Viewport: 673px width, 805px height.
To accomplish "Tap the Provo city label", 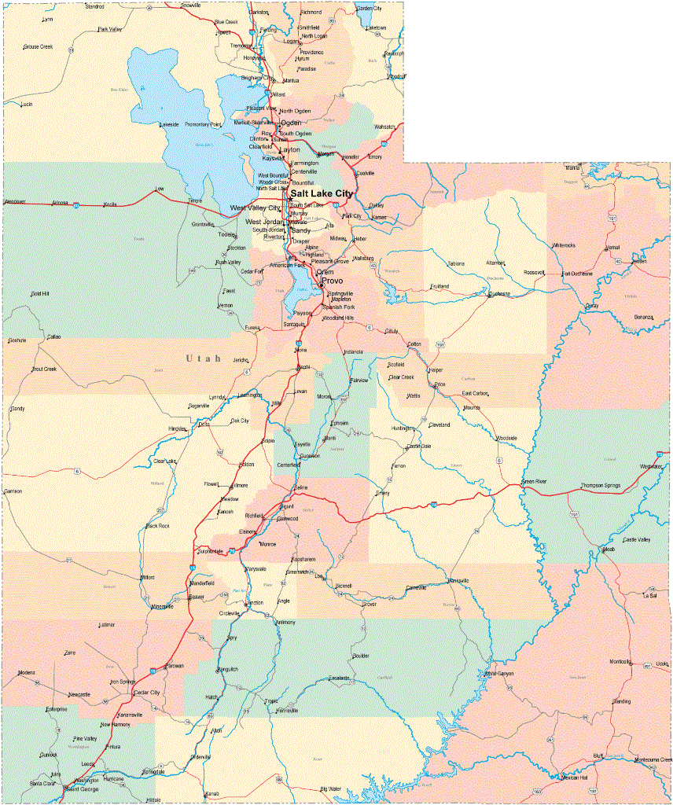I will [331, 281].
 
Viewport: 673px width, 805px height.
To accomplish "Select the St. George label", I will [82, 788].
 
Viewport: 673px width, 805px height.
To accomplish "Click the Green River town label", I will [534, 482].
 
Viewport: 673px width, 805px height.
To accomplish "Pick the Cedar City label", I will [146, 693].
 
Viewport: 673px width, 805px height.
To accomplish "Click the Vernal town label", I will [612, 248].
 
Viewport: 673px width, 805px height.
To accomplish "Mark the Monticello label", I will [621, 661].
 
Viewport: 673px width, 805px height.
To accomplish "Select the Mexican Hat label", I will [574, 777].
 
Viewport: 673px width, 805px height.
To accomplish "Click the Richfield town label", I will [254, 516].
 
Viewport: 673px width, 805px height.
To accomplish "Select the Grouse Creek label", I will [38, 47].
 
